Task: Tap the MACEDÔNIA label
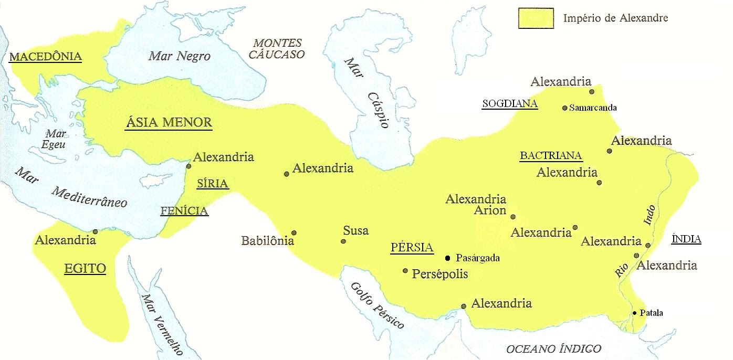(x=46, y=57)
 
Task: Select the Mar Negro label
(x=179, y=56)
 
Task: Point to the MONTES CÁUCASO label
(x=278, y=48)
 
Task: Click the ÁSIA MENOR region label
(x=169, y=123)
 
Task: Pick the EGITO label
(x=85, y=269)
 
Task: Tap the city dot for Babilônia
(x=294, y=233)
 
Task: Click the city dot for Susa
(x=343, y=241)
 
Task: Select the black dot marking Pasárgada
(x=447, y=258)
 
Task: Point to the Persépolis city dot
(x=405, y=271)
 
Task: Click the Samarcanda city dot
(x=565, y=108)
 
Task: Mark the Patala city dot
(x=635, y=313)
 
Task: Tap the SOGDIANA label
(x=510, y=104)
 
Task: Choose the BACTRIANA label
(x=551, y=155)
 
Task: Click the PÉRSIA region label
(x=412, y=248)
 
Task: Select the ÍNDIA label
(x=687, y=239)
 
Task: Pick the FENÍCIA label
(x=184, y=211)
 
